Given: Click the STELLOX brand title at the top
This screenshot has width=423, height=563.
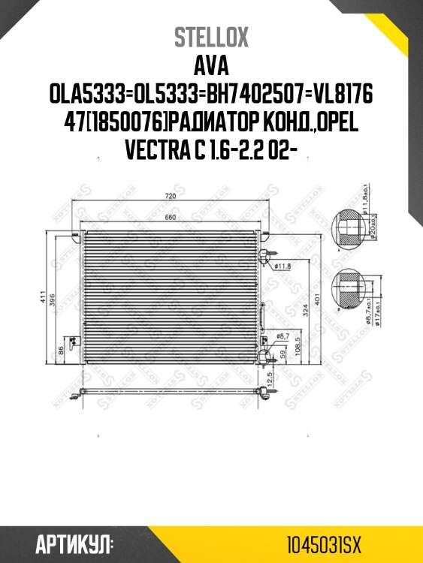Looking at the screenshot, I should [x=211, y=38].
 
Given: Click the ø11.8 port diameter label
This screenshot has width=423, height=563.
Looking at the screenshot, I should [x=283, y=265].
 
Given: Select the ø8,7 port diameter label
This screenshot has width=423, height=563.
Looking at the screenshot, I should [x=283, y=336].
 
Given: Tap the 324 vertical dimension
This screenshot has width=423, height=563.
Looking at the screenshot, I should [x=304, y=309].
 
